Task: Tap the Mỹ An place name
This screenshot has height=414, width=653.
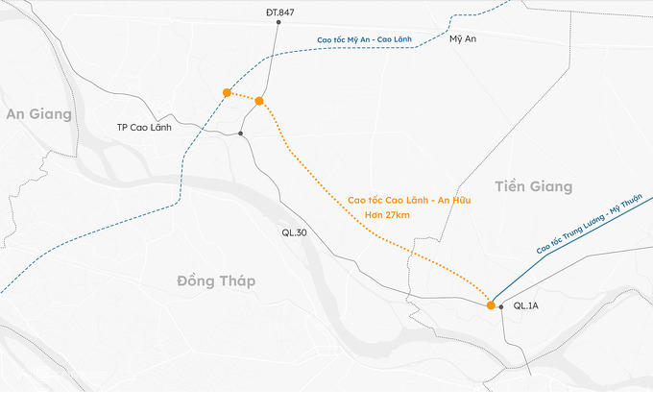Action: [x=463, y=38]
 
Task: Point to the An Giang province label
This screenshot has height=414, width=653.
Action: [x=38, y=114]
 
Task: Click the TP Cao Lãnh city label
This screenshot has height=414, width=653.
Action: [x=144, y=127]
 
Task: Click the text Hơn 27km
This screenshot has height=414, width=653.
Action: [x=390, y=215]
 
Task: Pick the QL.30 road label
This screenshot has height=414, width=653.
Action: [x=294, y=232]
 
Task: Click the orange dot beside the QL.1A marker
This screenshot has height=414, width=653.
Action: [x=491, y=305]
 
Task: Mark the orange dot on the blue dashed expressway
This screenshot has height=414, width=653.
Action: [x=227, y=93]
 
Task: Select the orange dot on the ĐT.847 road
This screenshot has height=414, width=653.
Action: [x=259, y=101]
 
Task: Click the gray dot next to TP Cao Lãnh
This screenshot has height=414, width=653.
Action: [x=241, y=134]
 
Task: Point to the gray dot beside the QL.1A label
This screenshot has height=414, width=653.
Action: [x=501, y=307]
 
